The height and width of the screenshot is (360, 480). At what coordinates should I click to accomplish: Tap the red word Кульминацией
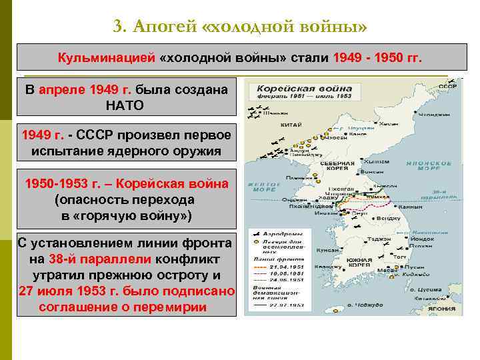click(x=106, y=58)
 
